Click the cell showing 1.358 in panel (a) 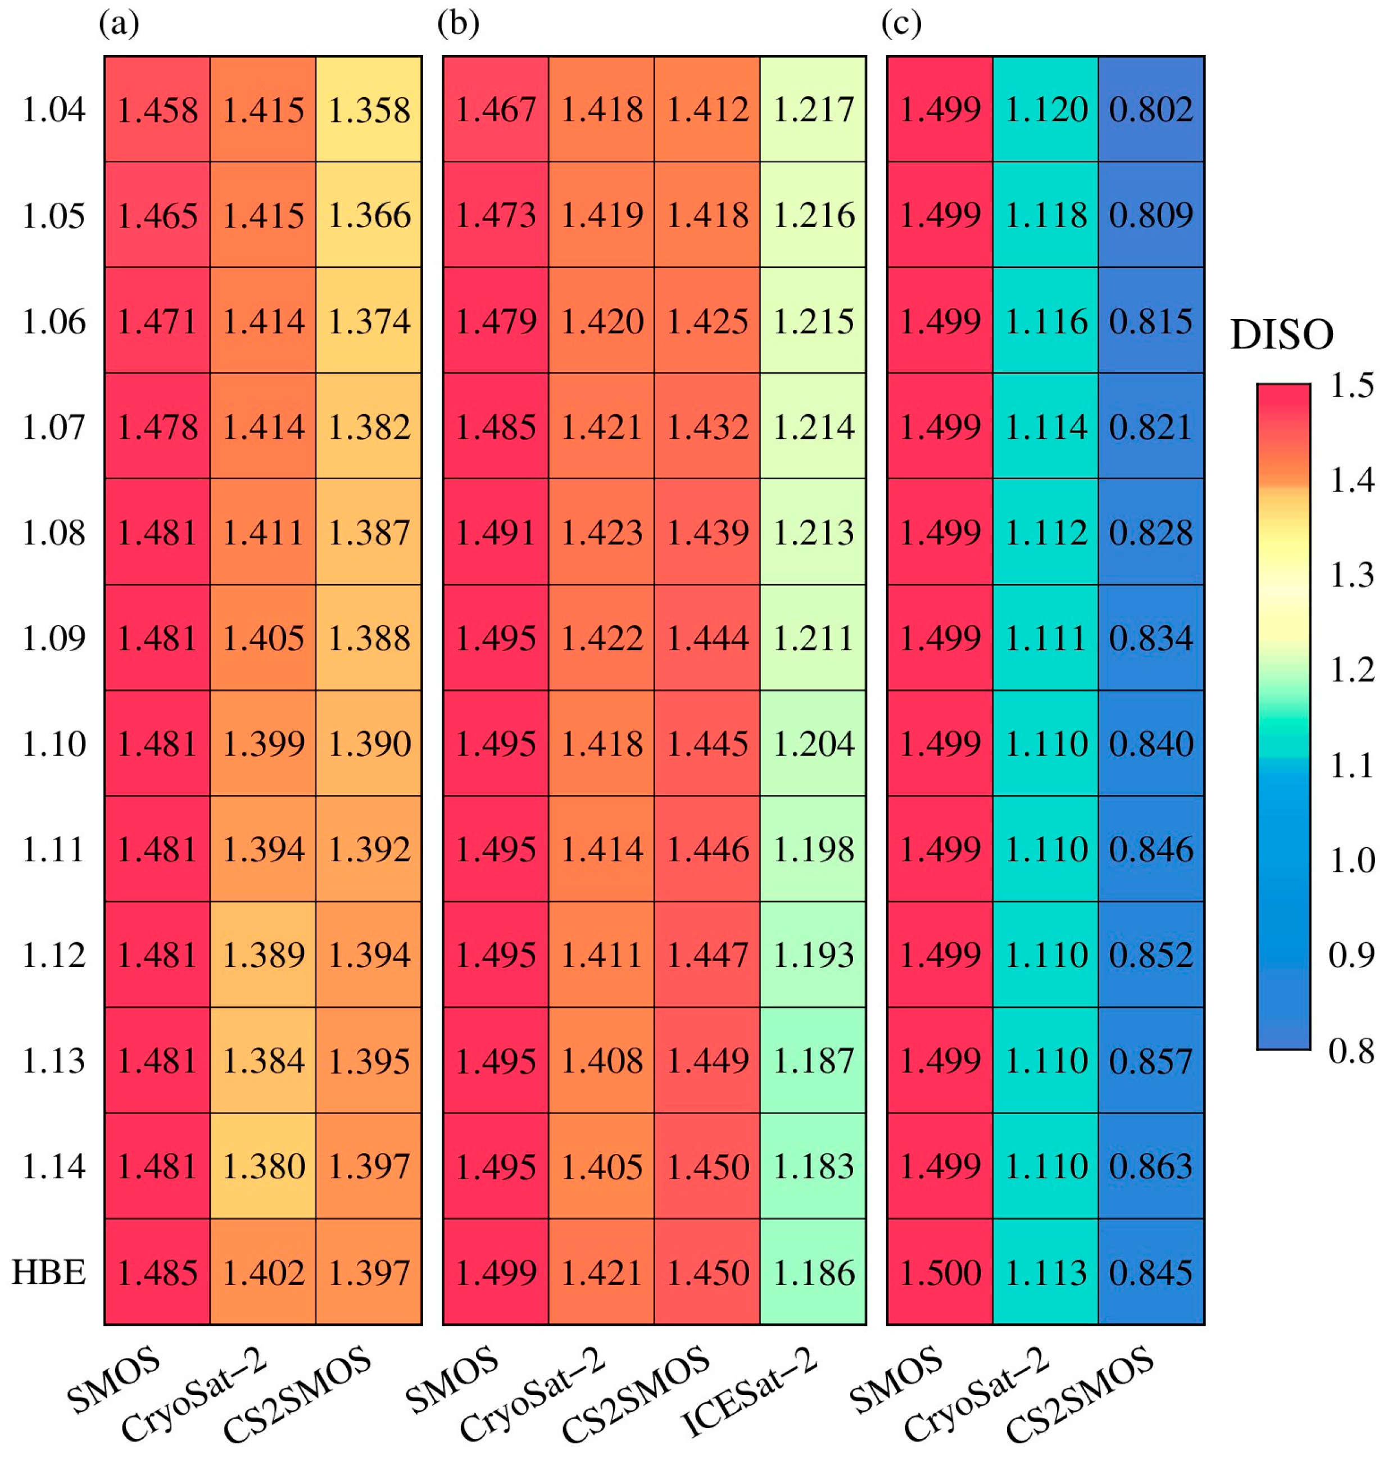point(369,110)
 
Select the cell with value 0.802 point(1151,110)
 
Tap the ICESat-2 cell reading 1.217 point(813,110)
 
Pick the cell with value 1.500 point(940,1273)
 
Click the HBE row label point(49,1273)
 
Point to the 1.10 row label point(53,744)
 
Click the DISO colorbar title point(1281,335)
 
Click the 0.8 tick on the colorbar point(1351,1051)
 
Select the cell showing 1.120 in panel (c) point(1045,110)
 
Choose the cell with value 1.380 point(264,1167)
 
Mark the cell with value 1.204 point(813,744)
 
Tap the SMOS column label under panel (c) point(896,1379)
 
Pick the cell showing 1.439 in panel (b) point(707,533)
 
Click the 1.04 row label point(53,110)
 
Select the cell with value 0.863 point(1151,1167)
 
